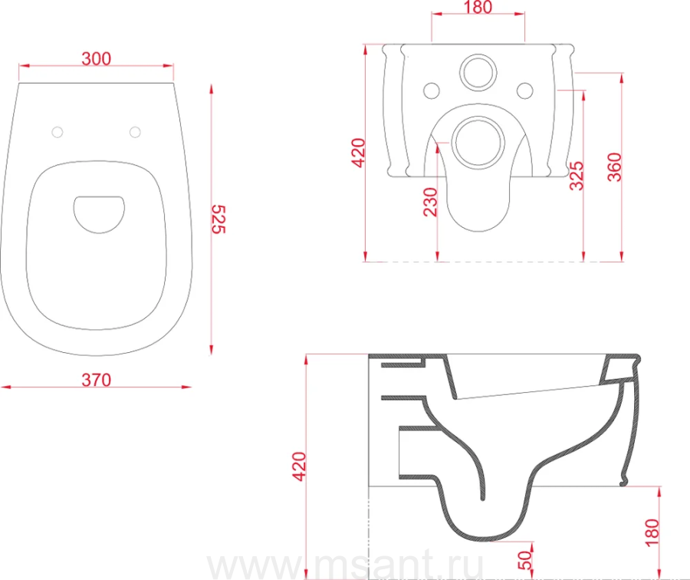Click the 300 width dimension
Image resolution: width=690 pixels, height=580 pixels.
point(97,58)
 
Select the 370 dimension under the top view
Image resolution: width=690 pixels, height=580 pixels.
point(97,380)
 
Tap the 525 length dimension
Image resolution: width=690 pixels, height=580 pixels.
point(219,219)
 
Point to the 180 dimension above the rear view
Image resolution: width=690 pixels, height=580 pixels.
point(478,7)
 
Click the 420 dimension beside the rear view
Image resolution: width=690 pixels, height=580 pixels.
point(358,153)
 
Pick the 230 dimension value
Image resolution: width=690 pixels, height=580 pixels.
point(430,202)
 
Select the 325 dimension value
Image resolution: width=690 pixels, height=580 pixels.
point(577,176)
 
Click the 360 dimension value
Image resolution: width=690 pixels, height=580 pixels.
point(614,167)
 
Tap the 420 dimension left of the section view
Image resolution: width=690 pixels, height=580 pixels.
point(299,466)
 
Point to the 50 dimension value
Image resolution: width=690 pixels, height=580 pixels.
point(525,560)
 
